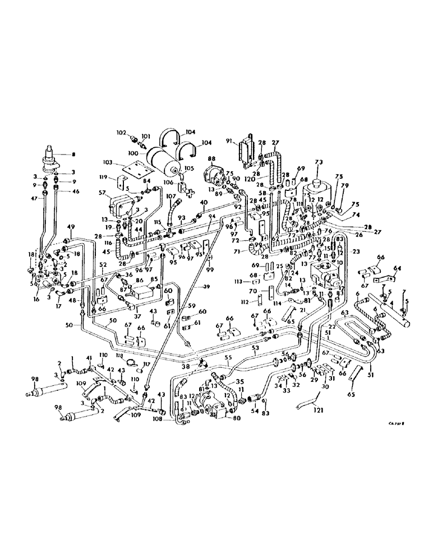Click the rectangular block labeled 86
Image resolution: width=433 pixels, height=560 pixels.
point(145,290)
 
